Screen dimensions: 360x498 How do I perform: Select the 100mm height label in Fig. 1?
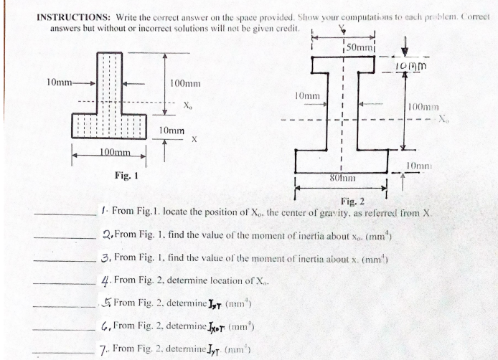(184, 83)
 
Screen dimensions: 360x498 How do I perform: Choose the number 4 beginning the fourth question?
(106, 280)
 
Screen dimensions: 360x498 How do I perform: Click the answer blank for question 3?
(68, 260)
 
